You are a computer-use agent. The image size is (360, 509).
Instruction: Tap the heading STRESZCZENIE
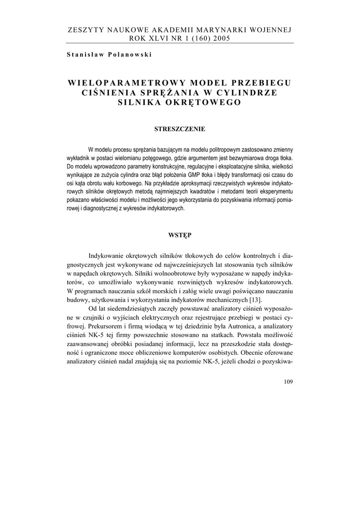pyautogui.click(x=180, y=129)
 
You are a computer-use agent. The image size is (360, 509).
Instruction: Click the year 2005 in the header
pyautogui.click(x=220, y=39)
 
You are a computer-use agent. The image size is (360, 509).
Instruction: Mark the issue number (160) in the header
pyautogui.click(x=196, y=39)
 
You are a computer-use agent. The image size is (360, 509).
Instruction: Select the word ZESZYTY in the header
pyautogui.click(x=84, y=30)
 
